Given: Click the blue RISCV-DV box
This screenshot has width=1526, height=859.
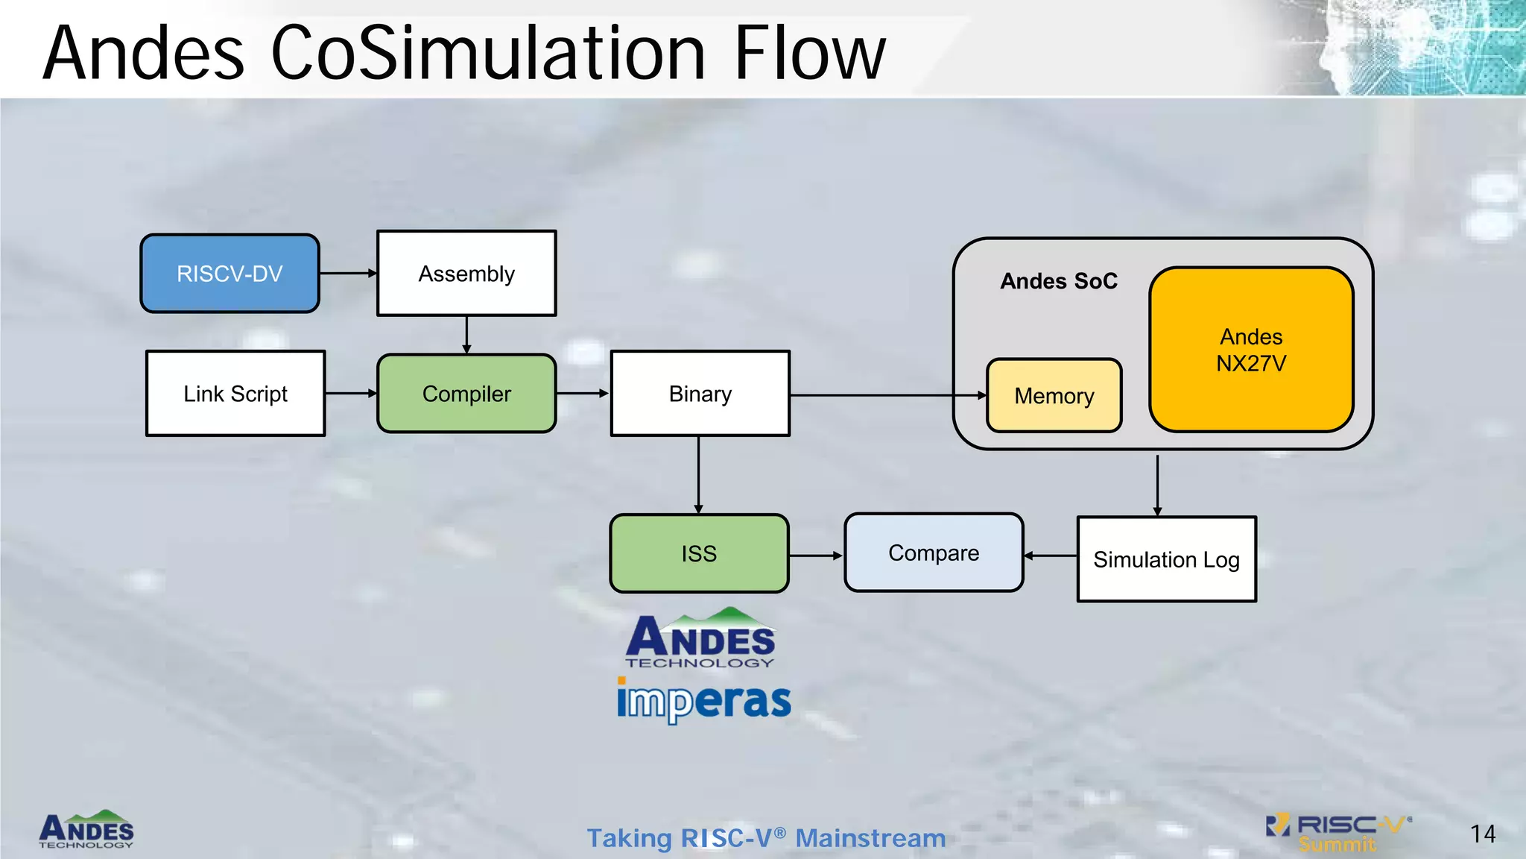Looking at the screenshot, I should pos(229,274).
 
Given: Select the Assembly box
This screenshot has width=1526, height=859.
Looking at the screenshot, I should pos(466,274).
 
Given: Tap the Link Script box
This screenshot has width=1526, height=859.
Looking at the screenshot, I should pos(235,394).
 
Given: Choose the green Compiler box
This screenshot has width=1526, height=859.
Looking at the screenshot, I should pos(466,394).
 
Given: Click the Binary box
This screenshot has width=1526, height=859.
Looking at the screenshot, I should pos(700,394).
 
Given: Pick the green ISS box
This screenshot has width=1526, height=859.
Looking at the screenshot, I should pos(699,553).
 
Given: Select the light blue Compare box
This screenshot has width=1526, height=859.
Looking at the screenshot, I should pos(934,553).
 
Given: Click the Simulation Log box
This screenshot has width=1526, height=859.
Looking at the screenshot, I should pos(1166,559).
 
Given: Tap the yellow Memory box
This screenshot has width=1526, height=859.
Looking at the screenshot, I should pos(1054,396).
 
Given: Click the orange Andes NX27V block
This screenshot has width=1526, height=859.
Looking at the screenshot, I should pos(1251,350).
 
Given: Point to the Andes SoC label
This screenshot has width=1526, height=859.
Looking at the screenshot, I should pos(1058,281).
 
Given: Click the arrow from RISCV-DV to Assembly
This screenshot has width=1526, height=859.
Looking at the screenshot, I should pos(348,274).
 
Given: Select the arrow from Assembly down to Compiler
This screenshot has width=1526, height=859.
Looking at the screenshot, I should pos(466,335).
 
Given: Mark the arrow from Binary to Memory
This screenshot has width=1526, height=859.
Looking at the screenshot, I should pos(887,395).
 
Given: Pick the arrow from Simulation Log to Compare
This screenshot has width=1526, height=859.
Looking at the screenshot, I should pos(1051,556).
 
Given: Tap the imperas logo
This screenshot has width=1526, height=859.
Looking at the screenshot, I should pos(703,700).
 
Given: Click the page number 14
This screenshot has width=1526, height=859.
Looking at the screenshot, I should pos(1482,834).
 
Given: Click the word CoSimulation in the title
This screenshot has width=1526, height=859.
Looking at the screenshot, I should pos(487,54).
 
